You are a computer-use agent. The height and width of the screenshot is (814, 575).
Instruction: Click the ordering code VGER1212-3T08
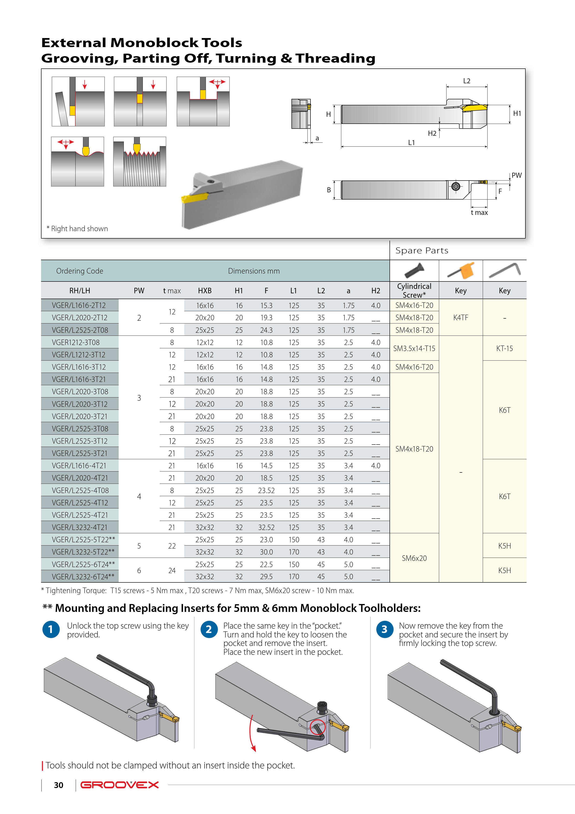click(x=76, y=342)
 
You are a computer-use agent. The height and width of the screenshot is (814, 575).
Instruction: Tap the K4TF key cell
click(x=460, y=318)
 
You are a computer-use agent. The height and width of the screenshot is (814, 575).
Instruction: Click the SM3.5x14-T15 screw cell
click(x=414, y=349)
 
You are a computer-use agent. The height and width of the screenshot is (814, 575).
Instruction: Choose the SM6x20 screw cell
click(x=414, y=558)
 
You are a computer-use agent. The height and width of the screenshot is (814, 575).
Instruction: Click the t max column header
click(x=172, y=291)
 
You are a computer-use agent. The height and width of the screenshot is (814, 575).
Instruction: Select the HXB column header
click(x=205, y=291)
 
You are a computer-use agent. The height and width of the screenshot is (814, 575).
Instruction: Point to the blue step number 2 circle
click(x=209, y=629)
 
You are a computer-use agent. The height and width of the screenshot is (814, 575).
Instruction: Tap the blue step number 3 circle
click(x=384, y=629)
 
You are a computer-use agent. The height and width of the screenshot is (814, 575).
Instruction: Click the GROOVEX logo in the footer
click(x=120, y=785)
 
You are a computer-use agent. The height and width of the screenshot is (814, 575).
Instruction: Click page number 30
click(x=58, y=785)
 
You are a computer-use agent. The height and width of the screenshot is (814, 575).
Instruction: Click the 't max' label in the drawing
click(x=479, y=213)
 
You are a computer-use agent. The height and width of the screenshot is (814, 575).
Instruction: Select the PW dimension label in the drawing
click(x=517, y=175)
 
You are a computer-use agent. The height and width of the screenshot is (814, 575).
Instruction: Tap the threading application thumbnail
click(x=140, y=162)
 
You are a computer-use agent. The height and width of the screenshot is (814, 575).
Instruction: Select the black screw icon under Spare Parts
click(x=415, y=271)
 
